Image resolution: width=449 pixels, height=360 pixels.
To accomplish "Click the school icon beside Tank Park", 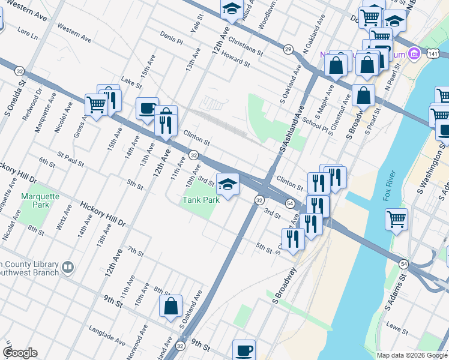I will pyautogui.click(x=228, y=185).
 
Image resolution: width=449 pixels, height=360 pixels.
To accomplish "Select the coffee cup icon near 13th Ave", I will pyautogui.click(x=147, y=109).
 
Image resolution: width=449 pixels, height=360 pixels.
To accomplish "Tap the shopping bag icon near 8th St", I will pyautogui.click(x=170, y=305).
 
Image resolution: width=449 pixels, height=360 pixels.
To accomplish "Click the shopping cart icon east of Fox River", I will pyautogui.click(x=397, y=220).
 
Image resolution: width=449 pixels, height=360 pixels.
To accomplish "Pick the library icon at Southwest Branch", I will pyautogui.click(x=68, y=266).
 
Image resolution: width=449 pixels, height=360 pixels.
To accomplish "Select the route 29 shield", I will pyautogui.click(x=288, y=49).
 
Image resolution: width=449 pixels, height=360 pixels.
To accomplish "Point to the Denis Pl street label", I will pyautogui.click(x=171, y=40).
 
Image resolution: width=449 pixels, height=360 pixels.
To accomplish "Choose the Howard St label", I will pyautogui.click(x=235, y=58).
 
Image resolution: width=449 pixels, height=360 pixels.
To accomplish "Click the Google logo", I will pyautogui.click(x=20, y=353).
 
